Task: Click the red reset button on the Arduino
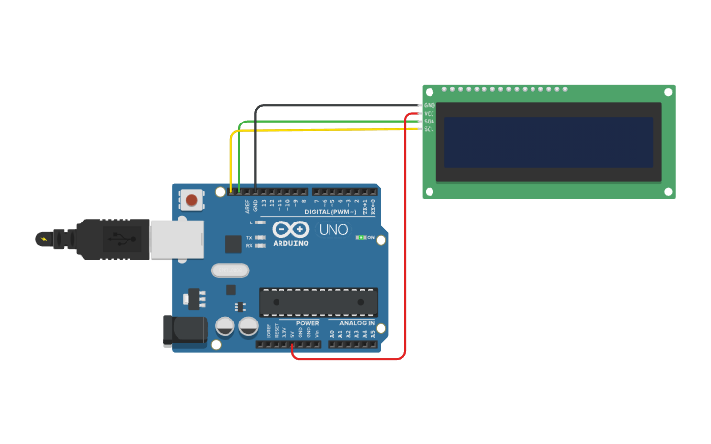(192, 200)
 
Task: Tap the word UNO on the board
(333, 230)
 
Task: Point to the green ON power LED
(361, 237)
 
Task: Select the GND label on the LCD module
(430, 105)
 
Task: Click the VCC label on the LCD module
(430, 113)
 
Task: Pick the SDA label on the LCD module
(430, 121)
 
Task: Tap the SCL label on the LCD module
(430, 128)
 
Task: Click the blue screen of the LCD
(548, 142)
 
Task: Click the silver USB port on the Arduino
(177, 239)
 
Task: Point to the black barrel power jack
(184, 330)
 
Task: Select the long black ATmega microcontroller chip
(318, 302)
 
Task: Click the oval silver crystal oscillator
(229, 271)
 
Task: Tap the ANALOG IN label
(357, 323)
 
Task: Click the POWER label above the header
(307, 323)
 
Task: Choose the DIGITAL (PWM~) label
(330, 212)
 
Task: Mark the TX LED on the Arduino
(259, 238)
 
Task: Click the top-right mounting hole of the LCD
(668, 92)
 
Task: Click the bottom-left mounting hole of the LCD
(430, 191)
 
